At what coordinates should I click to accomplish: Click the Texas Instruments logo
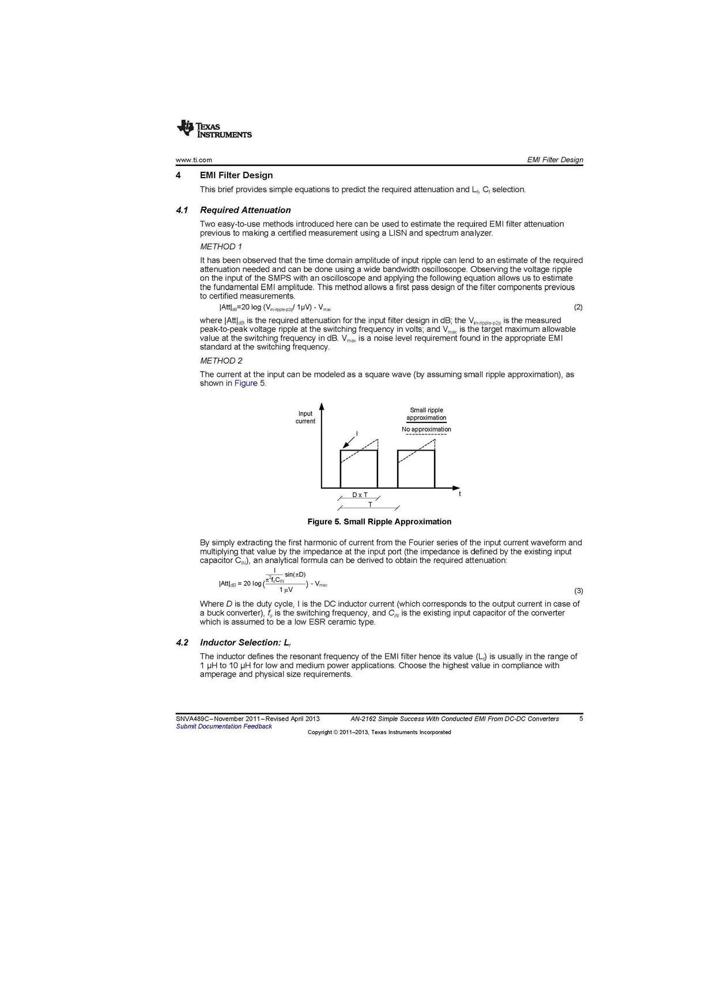[214, 129]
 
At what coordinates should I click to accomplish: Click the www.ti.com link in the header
[194, 160]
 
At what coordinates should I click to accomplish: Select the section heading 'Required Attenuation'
[245, 210]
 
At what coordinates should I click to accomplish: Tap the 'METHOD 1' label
[221, 247]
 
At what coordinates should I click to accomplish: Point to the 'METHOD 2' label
[221, 361]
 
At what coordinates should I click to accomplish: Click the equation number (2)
[578, 307]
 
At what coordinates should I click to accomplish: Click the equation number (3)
[578, 591]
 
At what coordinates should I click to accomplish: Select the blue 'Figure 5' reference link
[249, 384]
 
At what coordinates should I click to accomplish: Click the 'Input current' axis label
[306, 417]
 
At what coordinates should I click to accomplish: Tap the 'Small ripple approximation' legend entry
[427, 414]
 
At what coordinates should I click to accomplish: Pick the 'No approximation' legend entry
[427, 429]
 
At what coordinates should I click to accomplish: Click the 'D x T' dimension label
[360, 495]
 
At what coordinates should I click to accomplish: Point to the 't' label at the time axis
[459, 494]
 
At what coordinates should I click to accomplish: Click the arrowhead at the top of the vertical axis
[322, 406]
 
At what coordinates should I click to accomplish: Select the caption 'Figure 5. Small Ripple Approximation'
[379, 522]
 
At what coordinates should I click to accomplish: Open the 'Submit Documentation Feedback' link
[224, 727]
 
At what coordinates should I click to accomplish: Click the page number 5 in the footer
[581, 719]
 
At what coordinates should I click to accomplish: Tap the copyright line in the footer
[379, 732]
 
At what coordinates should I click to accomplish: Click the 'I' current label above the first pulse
[357, 433]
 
